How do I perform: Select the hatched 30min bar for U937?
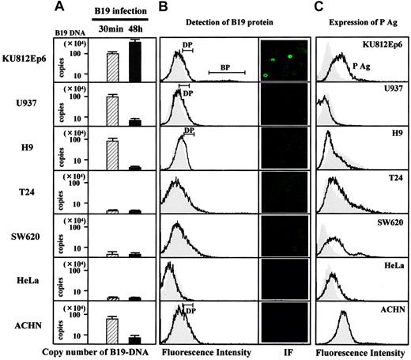click(112, 110)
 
